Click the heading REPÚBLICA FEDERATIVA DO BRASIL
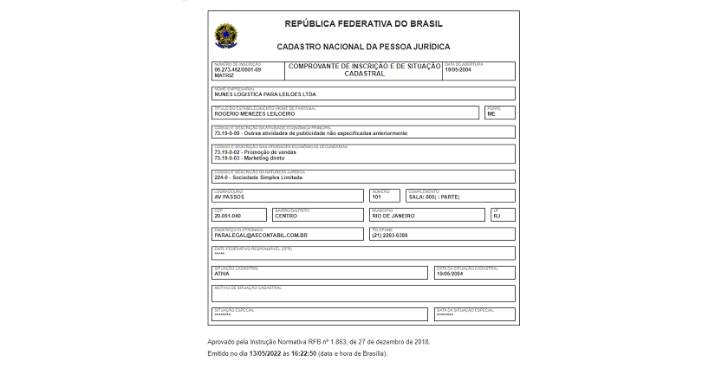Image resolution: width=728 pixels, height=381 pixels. coord(363,24)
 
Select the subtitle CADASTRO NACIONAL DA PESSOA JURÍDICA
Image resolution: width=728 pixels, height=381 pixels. coord(363,47)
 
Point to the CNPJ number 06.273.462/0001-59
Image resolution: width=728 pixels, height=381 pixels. coord(237,69)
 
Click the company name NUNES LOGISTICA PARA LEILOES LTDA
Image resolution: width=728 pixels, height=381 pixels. coord(265,94)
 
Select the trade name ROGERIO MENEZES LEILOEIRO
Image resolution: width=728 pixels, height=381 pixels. coord(255,113)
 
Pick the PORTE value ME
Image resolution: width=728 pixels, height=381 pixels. coord(491,113)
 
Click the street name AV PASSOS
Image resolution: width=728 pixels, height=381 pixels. coord(229,197)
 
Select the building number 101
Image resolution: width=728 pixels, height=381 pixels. coord(377,197)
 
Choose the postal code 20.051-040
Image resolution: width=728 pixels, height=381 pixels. coord(227,216)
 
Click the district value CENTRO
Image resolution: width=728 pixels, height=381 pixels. coord(286,216)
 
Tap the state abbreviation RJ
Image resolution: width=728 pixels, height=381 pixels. coord(497,216)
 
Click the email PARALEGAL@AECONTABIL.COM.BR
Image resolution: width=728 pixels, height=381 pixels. coord(261,236)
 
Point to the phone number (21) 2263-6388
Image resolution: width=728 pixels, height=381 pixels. coord(390,236)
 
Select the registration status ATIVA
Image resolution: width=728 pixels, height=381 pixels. coord(222,274)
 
